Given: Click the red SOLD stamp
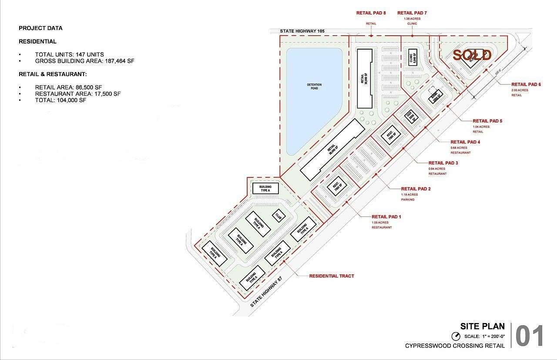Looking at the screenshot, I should point(472,55).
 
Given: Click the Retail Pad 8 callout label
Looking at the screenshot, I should point(371,13).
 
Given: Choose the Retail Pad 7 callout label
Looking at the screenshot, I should point(412,13).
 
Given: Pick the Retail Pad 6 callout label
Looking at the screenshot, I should point(526,84).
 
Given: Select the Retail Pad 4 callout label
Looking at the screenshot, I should point(465,142).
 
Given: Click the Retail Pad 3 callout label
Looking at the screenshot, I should point(443,163).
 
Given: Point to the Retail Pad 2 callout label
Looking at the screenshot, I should point(416,189).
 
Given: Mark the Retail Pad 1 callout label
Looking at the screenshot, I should point(386,217).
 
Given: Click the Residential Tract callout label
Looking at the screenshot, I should point(332,276).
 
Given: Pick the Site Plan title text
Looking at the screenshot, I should point(483,326).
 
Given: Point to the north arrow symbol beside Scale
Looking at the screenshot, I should point(456,336).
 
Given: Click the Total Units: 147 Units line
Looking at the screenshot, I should point(69,54).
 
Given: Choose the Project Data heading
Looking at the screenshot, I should point(40,28).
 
